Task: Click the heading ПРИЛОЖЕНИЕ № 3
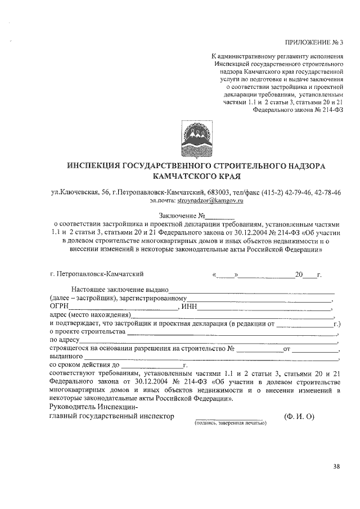tap(314, 43)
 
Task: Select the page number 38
tap(336, 466)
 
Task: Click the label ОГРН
tap(59, 307)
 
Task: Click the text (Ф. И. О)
tap(299, 416)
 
